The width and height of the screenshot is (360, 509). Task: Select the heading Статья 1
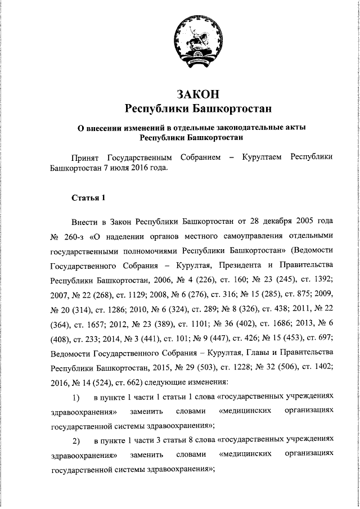[88, 197]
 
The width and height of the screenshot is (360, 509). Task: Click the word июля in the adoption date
[125, 167]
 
